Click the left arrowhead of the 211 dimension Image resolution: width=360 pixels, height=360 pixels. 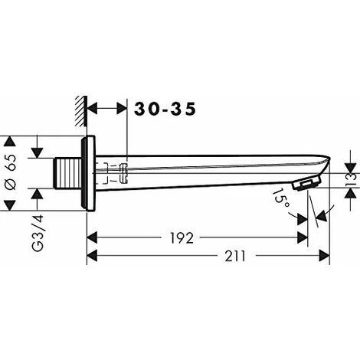pyautogui.click(x=91, y=256)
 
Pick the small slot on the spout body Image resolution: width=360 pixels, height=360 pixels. pyautogui.click(x=123, y=174)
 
